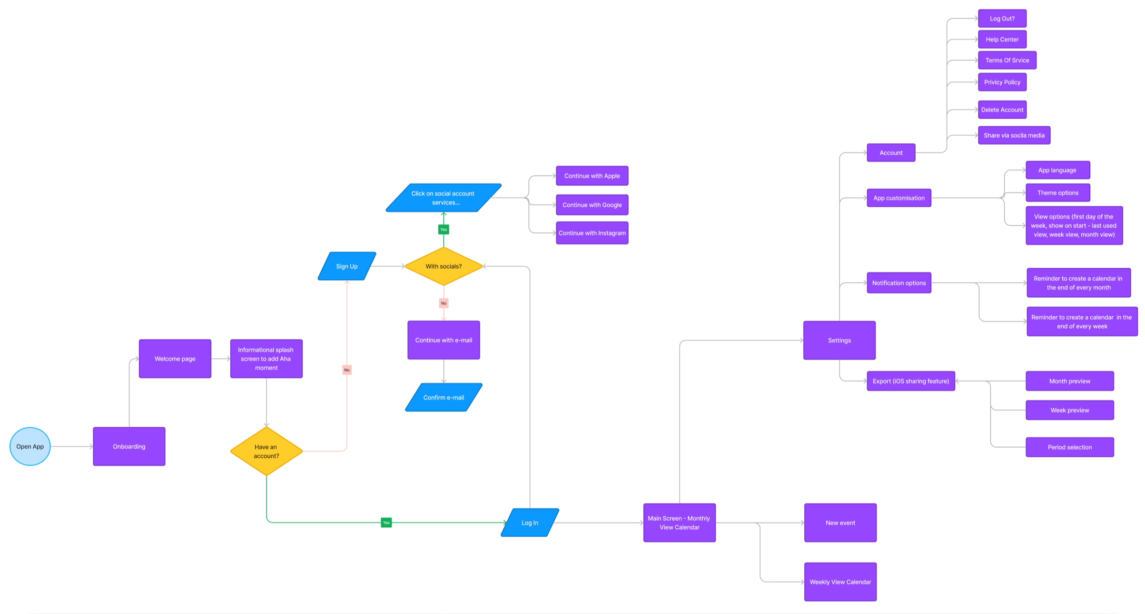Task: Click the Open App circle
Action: click(30, 446)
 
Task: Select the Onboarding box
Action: click(129, 446)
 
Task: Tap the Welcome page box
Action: click(175, 359)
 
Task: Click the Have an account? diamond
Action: click(266, 451)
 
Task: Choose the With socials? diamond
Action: click(444, 266)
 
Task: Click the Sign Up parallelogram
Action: click(347, 266)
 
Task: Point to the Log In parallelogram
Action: click(530, 523)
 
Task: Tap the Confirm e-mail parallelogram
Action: click(444, 397)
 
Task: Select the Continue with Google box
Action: click(592, 205)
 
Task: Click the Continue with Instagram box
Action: click(592, 233)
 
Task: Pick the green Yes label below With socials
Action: click(444, 230)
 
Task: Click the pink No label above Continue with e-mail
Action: click(444, 303)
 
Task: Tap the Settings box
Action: click(839, 340)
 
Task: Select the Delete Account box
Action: click(1002, 110)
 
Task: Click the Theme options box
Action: click(1057, 193)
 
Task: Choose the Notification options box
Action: click(898, 283)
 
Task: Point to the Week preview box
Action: click(1069, 410)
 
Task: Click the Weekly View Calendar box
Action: click(840, 582)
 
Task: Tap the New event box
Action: click(840, 523)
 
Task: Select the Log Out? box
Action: click(1002, 19)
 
